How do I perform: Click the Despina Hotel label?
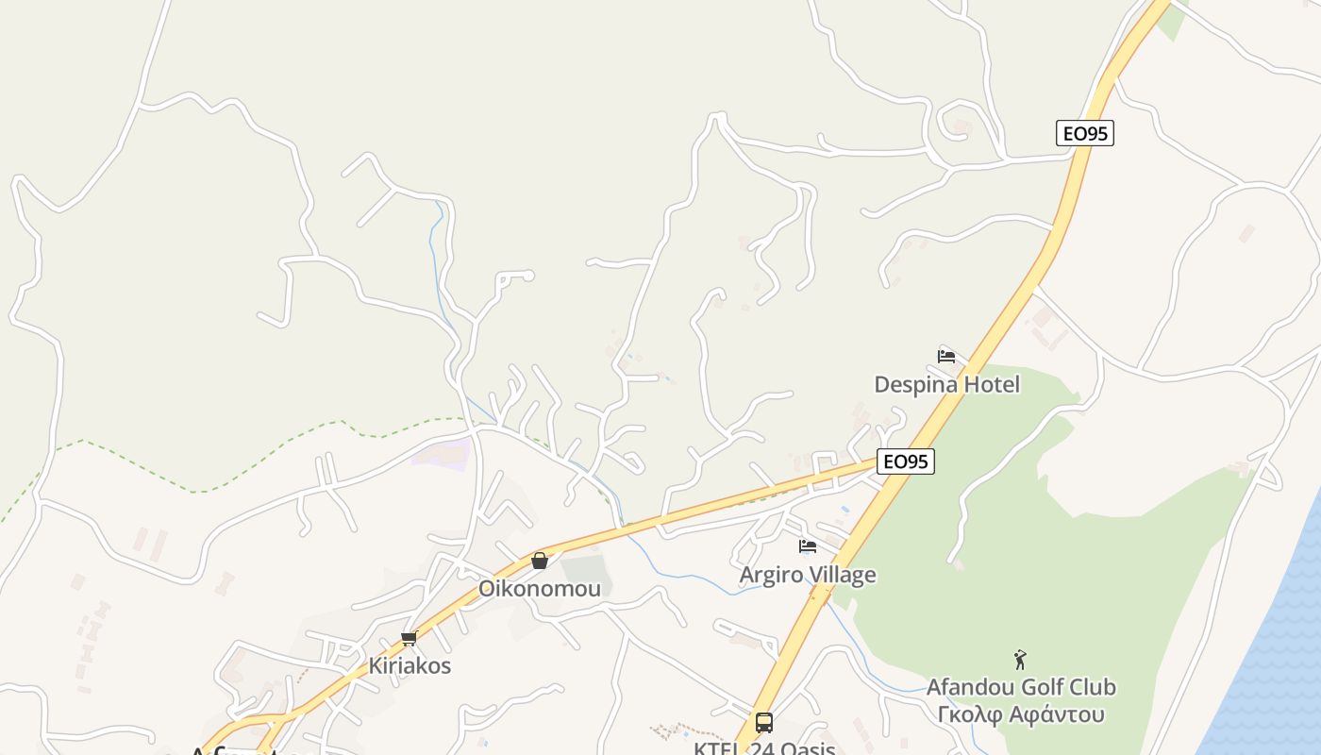pyautogui.click(x=946, y=384)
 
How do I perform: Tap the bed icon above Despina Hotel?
pyautogui.click(x=946, y=356)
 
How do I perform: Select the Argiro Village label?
pyautogui.click(x=807, y=575)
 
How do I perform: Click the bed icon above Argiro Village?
pyautogui.click(x=807, y=545)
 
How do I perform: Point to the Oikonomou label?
pyautogui.click(x=539, y=588)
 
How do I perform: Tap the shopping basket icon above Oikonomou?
pyautogui.click(x=539, y=561)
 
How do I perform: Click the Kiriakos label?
pyautogui.click(x=410, y=665)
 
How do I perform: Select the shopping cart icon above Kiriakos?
pyautogui.click(x=409, y=639)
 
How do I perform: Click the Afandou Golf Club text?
pyautogui.click(x=1020, y=686)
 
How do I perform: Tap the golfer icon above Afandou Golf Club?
pyautogui.click(x=1019, y=659)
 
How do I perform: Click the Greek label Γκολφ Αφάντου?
pyautogui.click(x=1020, y=713)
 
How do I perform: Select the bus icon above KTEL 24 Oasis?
pyautogui.click(x=763, y=723)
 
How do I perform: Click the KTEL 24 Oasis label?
pyautogui.click(x=763, y=748)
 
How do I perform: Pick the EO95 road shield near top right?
pyautogui.click(x=1084, y=133)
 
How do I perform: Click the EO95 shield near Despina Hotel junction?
pyautogui.click(x=905, y=461)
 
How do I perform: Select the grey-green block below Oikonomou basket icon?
pyautogui.click(x=585, y=572)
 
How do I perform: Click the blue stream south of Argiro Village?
pyautogui.click(x=698, y=577)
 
